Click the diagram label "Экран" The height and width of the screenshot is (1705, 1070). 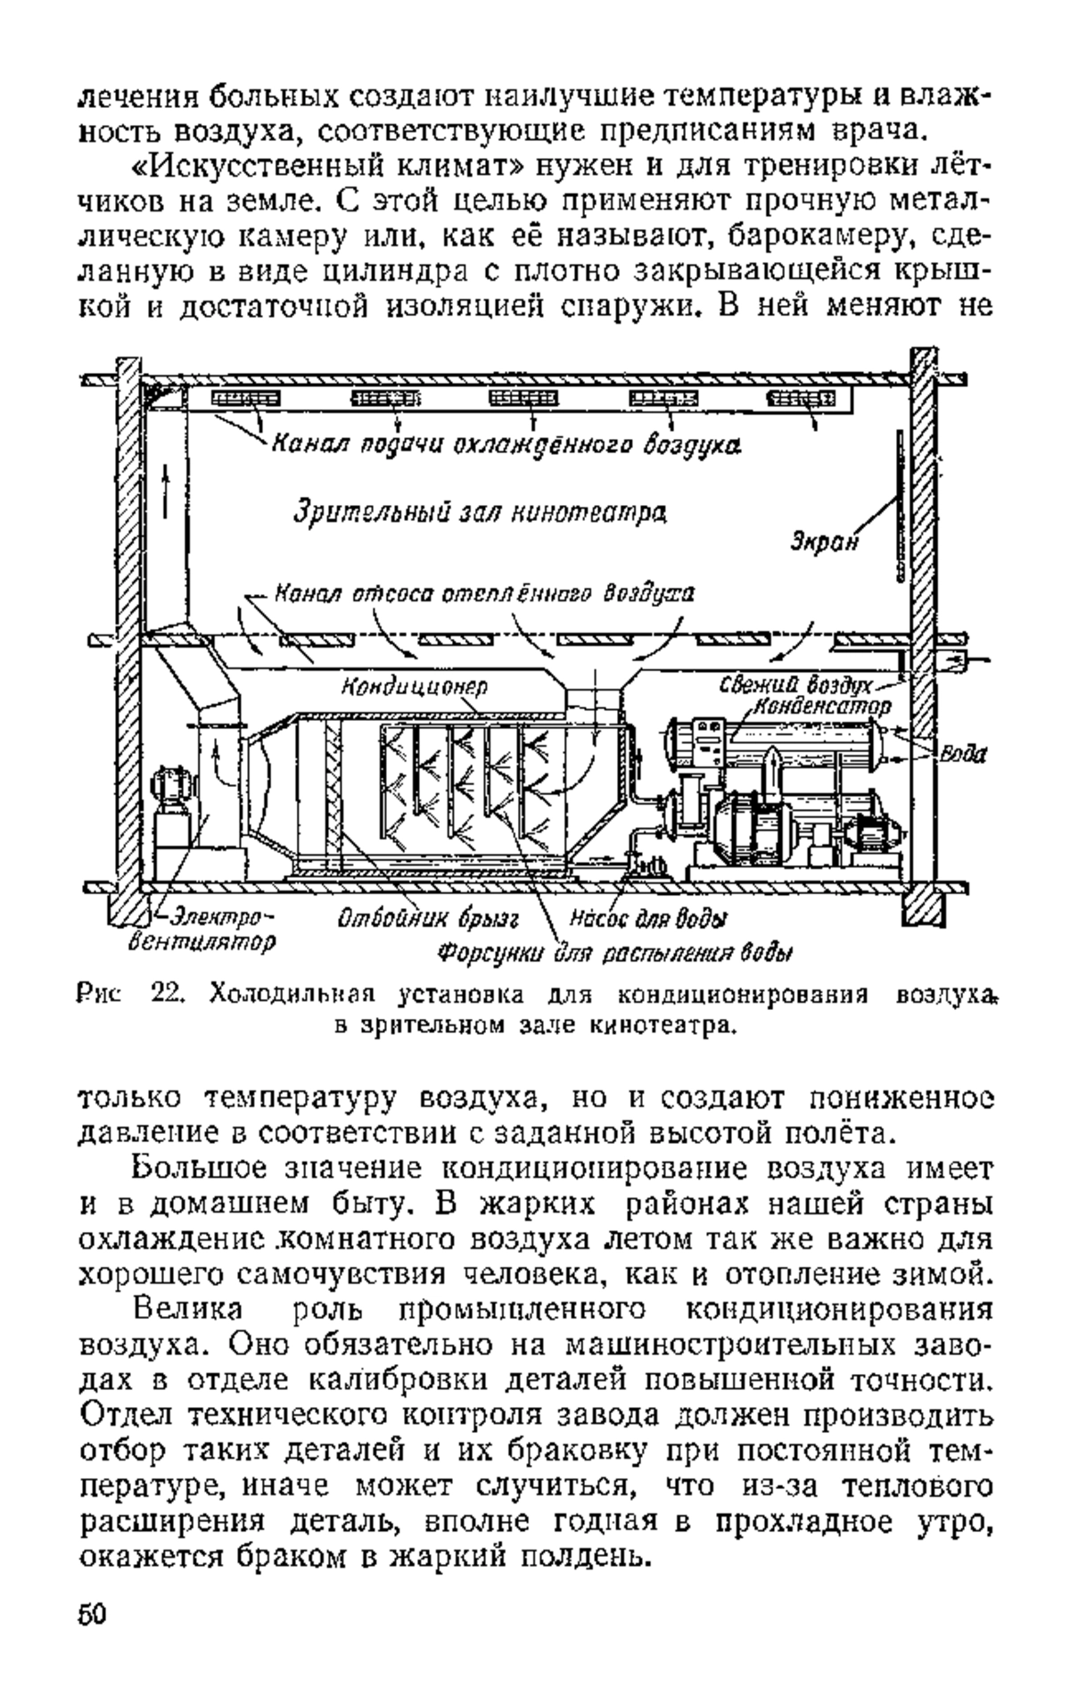(824, 542)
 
